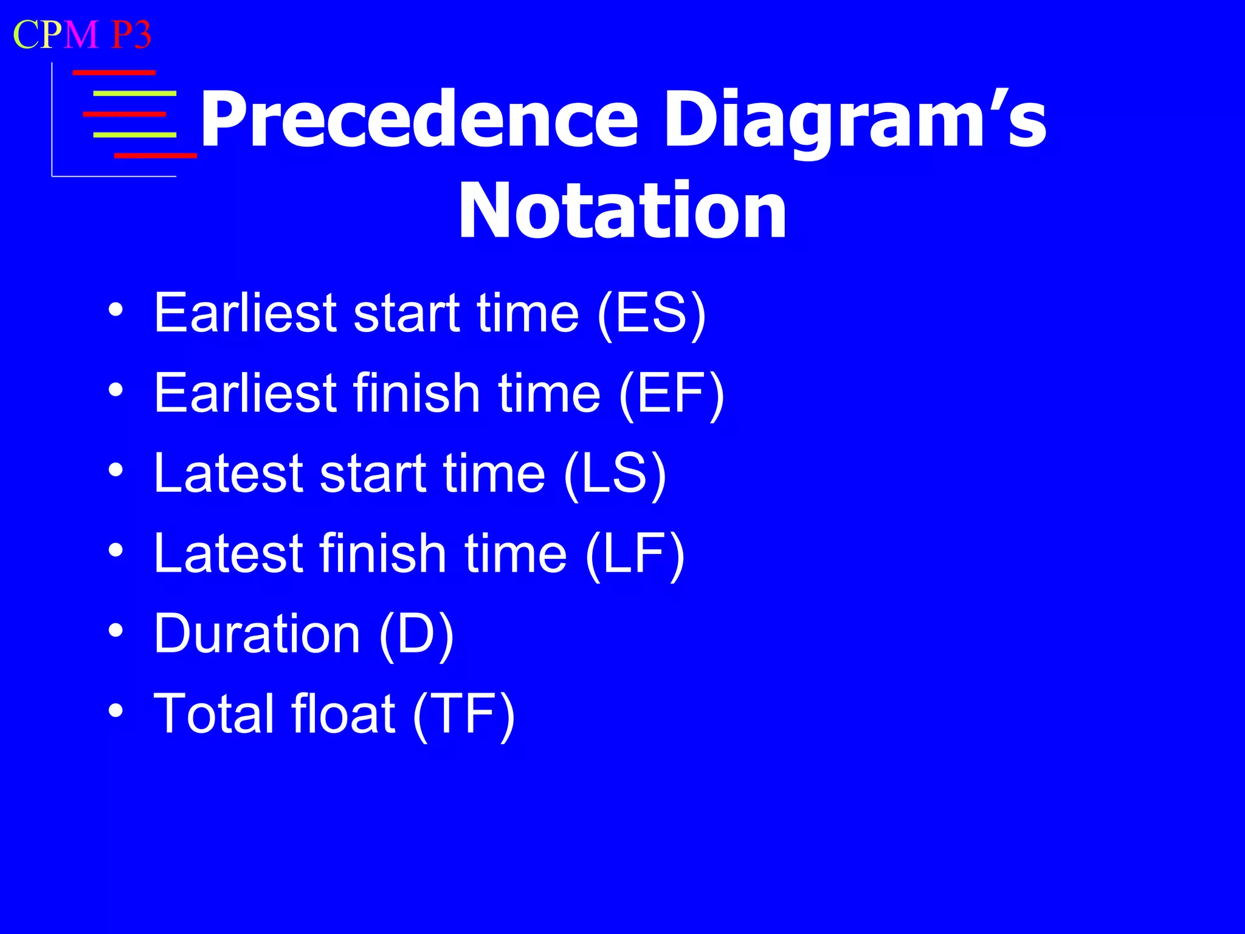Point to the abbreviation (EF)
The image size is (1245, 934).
click(671, 393)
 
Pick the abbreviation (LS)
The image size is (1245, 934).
click(615, 474)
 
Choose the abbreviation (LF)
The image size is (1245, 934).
click(635, 554)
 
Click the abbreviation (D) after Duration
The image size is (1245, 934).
click(416, 634)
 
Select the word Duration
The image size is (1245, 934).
click(257, 634)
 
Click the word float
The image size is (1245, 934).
click(343, 713)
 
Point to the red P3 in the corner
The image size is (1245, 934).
click(131, 35)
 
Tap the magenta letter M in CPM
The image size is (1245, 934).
click(80, 35)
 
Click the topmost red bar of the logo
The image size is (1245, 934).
click(114, 72)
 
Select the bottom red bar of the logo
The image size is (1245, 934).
click(155, 156)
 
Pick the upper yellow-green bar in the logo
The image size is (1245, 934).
click(134, 94)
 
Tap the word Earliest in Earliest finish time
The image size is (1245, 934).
click(246, 393)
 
